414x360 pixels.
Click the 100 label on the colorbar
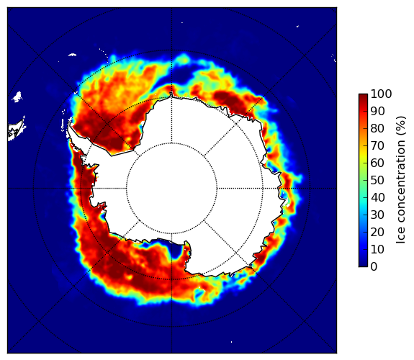tap(381, 94)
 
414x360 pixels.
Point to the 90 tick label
tap(377, 111)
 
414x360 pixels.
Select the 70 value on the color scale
tap(377, 145)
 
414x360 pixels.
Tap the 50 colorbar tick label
tap(377, 180)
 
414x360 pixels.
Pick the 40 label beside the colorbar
tap(377, 197)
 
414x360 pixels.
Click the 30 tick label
tap(377, 215)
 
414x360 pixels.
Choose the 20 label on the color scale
tap(377, 232)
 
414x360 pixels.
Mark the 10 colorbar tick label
tap(377, 249)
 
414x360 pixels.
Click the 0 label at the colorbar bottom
tap(374, 266)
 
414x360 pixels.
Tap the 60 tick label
tap(377, 163)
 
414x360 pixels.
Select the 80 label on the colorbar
tap(377, 128)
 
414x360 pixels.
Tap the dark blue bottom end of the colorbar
tap(363, 266)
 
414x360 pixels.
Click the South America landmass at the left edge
tap(15, 130)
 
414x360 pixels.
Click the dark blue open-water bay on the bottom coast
tap(175, 251)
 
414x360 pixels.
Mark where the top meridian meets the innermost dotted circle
tap(171, 143)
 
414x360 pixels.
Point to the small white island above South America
tap(17, 96)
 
